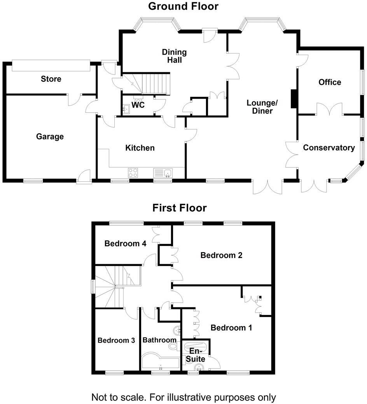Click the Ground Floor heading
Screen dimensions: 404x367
(183, 7)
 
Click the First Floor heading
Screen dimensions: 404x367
(179, 208)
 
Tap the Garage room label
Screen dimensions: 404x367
(50, 137)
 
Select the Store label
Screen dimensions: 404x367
(51, 79)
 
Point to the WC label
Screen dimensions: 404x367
(138, 105)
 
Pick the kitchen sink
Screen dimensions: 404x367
(163, 172)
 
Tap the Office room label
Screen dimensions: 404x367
(330, 82)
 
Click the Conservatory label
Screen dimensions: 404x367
(329, 148)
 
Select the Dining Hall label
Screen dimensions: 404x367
(174, 56)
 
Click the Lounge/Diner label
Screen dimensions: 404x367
(262, 106)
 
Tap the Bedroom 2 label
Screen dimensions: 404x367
(221, 255)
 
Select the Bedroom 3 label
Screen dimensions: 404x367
(116, 340)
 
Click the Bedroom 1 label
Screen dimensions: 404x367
(231, 328)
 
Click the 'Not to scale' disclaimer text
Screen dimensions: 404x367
(183, 397)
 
